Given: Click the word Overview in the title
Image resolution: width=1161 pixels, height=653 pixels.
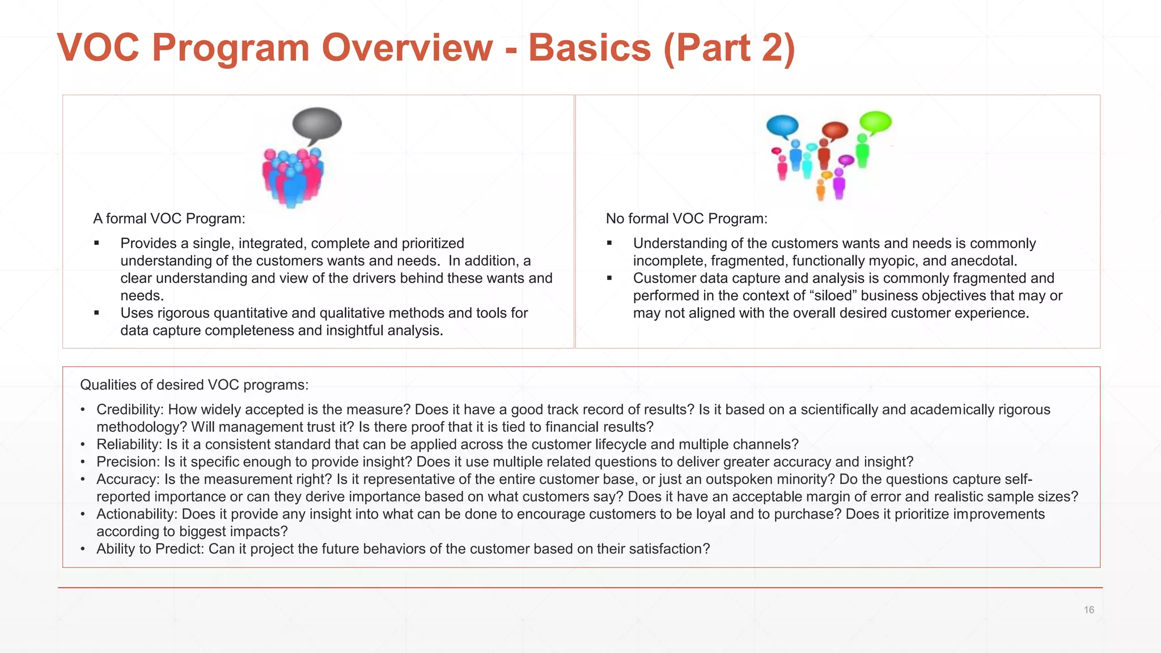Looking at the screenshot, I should pos(407,48).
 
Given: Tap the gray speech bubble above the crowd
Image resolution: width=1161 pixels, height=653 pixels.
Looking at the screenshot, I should pos(317,123).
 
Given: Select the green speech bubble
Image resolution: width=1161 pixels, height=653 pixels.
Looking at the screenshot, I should pos(875,121).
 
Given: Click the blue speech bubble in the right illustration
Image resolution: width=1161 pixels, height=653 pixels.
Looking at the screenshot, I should pos(782,125).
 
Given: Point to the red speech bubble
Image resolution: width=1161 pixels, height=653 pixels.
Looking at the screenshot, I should pos(834,130).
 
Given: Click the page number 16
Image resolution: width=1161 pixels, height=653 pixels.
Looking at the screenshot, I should pos(1088,610).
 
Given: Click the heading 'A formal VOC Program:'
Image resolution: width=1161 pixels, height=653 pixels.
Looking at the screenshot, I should pos(169,219).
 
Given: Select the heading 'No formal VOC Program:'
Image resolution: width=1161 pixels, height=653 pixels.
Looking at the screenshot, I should pos(687,219).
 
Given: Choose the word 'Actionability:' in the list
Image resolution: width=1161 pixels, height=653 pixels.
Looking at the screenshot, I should pos(137,514).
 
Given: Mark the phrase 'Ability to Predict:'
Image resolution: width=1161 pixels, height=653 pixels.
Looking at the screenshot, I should pos(150,549).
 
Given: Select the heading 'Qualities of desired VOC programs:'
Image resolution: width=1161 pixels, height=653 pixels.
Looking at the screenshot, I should pos(194,385).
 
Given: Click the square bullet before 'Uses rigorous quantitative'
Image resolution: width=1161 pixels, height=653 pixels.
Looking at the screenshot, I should pos(97,313).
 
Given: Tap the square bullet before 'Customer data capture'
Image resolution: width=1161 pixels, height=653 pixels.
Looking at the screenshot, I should pos(609,278).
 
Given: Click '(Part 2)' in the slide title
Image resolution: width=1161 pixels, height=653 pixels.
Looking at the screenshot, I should pos(729,48).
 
